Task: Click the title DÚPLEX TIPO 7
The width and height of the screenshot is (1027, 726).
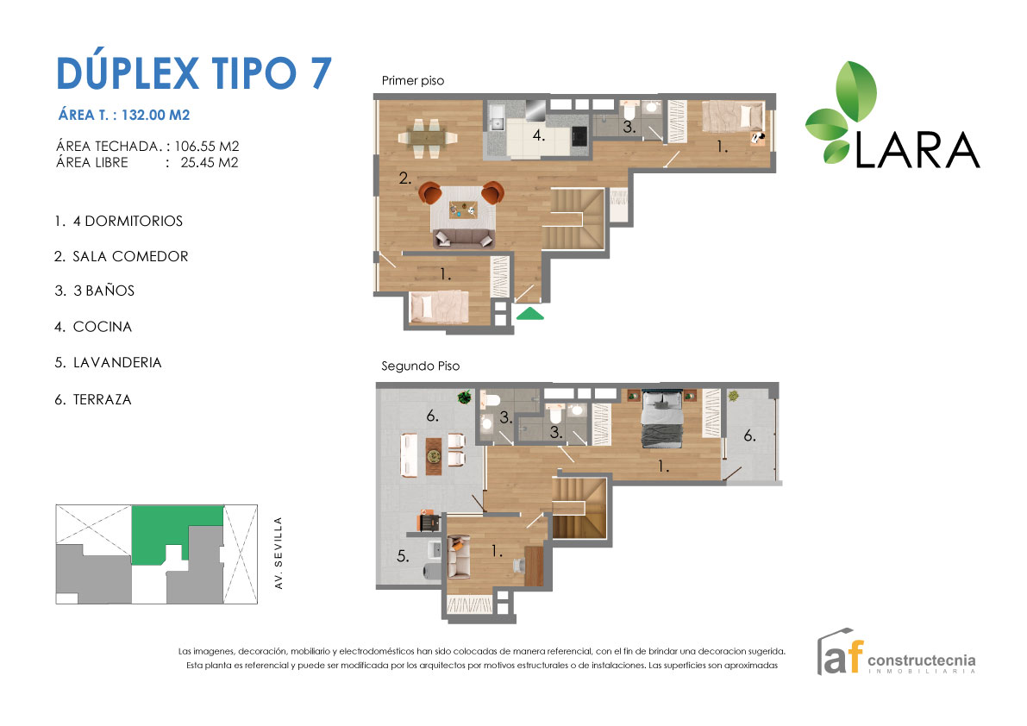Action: (193, 72)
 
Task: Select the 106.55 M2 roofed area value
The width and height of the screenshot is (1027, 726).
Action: (207, 146)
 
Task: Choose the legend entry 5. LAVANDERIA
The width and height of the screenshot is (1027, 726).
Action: (108, 363)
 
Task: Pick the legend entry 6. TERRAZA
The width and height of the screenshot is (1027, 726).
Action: (93, 399)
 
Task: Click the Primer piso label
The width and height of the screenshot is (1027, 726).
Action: (412, 81)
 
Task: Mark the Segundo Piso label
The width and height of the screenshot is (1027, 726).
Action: (420, 366)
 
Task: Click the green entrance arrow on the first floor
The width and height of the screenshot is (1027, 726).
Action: (529, 314)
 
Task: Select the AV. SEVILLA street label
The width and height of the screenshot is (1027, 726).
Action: (278, 553)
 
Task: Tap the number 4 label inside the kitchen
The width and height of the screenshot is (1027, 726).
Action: (537, 135)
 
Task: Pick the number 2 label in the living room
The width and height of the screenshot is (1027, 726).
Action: (403, 179)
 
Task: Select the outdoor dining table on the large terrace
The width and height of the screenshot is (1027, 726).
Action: (433, 453)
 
